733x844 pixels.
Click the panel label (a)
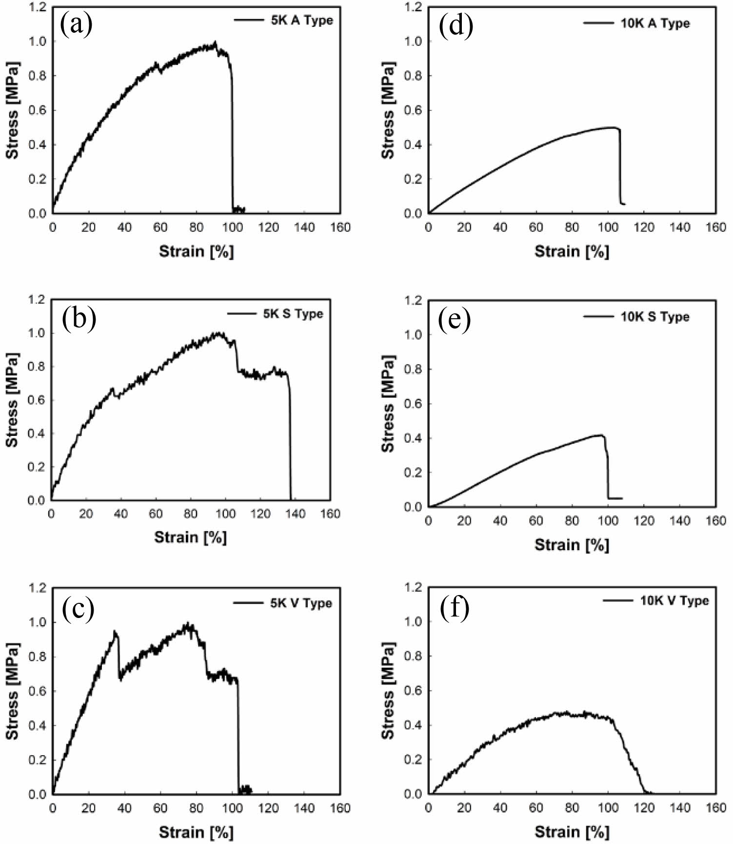[76, 25]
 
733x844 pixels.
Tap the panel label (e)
[455, 319]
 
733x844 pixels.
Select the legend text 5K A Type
[302, 20]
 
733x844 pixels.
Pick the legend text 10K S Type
[654, 317]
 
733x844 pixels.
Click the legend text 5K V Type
[301, 603]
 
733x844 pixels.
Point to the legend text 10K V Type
[674, 600]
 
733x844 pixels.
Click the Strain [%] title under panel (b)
[191, 537]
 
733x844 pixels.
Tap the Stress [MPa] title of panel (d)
[388, 110]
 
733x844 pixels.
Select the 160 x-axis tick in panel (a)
[340, 227]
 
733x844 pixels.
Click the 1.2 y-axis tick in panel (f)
[414, 587]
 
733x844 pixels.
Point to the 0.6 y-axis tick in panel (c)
[38, 691]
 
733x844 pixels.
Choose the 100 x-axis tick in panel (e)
[608, 521]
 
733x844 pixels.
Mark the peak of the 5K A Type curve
[215, 42]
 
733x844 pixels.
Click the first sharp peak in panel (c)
[115, 631]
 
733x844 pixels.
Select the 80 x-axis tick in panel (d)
[572, 227]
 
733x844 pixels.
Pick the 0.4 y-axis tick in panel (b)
[37, 433]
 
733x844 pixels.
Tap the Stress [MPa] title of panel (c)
[13, 691]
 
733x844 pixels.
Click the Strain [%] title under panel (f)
[572, 832]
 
